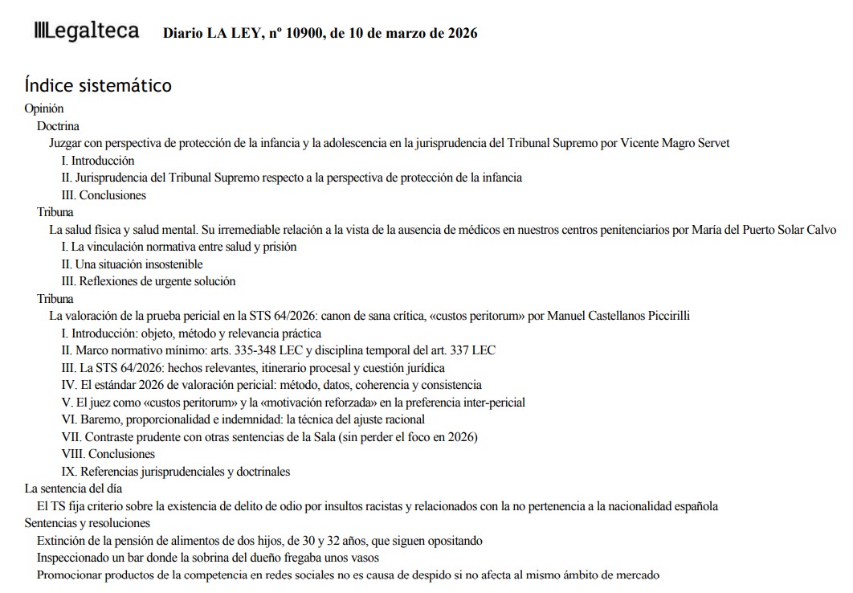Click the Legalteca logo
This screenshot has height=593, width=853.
[86, 32]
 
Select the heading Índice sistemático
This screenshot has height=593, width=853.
[98, 85]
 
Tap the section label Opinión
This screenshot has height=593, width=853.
[44, 108]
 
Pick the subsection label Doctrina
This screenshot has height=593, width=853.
[58, 126]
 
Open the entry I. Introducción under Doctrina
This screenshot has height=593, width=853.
[98, 161]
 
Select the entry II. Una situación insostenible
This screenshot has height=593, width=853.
[132, 264]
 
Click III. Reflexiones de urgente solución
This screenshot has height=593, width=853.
[149, 281]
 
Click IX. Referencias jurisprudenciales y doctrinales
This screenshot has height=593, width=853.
[176, 472]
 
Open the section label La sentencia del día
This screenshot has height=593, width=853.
[73, 489]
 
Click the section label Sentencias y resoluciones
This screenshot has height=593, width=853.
[87, 523]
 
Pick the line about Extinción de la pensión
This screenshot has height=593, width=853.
[259, 541]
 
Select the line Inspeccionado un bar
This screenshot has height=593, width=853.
[207, 558]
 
